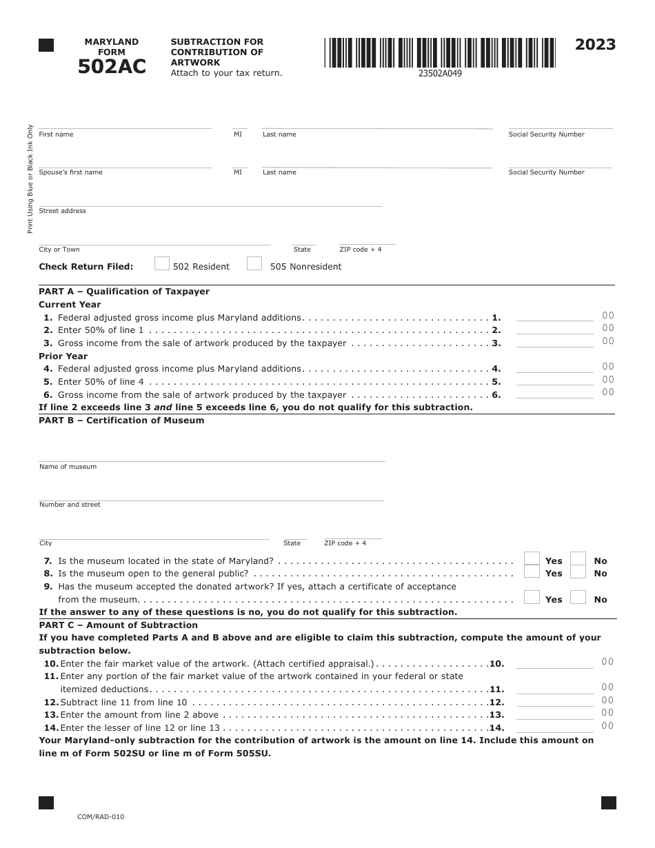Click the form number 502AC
112,66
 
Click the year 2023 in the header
595,45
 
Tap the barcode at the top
440,52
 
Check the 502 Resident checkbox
162,263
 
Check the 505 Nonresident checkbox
254,263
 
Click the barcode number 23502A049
440,74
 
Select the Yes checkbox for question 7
532,559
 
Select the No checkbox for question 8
578,572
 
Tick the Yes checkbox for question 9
532,598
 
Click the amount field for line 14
554,727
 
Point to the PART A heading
124,292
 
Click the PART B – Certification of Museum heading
121,421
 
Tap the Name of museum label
68,467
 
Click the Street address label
63,211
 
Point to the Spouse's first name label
71,172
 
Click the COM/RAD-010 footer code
101,817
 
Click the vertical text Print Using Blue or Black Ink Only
30,179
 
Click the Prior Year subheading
63,356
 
